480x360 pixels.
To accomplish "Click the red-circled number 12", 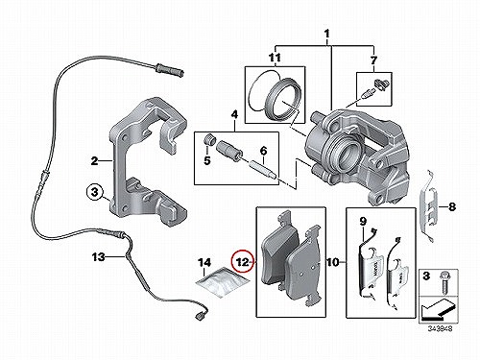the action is point(242,262).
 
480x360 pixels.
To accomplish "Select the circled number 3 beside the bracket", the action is point(95,192).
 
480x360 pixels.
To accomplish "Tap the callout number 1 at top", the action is point(326,34).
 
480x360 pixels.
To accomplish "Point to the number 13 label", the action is point(99,256).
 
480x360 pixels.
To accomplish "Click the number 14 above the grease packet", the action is point(204,263).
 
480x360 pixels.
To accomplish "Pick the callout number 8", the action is point(451,206).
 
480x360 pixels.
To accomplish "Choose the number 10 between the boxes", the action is point(333,262).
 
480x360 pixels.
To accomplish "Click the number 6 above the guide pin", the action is point(263,150).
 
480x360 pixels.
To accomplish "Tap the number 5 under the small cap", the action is point(207,160).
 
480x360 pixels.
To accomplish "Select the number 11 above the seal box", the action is point(275,58).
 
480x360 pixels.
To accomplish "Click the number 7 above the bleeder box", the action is point(373,60).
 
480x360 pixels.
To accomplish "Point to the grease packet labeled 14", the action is point(223,280).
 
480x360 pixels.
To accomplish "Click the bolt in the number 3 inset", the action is point(444,282).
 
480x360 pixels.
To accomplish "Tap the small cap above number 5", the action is point(209,139).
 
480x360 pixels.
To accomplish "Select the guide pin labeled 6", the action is point(263,172).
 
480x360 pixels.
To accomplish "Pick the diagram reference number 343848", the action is point(441,328).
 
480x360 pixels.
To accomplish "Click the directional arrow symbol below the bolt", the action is point(438,310).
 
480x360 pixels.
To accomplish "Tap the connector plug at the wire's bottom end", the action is point(201,315).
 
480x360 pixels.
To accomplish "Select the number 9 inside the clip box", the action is point(363,221).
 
